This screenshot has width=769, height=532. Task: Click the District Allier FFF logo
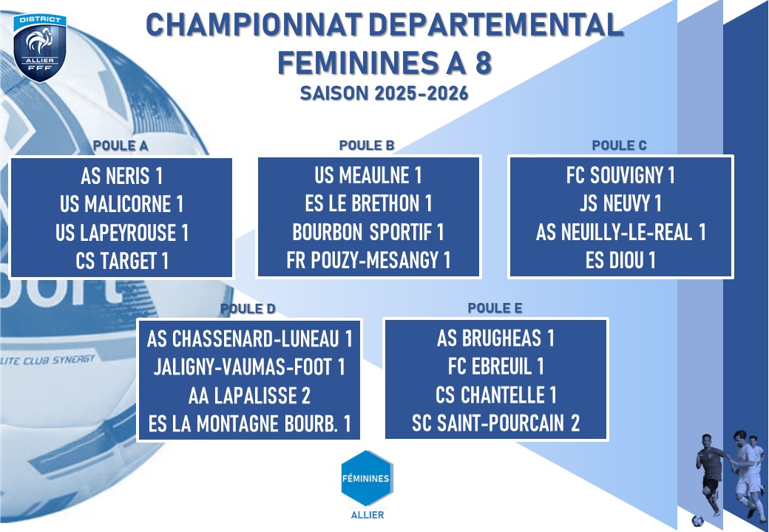coord(40,47)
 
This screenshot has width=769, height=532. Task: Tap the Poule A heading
coord(121,146)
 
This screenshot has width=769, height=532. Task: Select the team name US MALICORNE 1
coord(121,204)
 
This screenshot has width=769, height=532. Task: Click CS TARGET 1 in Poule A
coord(122,261)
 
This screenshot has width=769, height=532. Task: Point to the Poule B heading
coord(367,146)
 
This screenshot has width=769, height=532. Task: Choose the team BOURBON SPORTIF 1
coord(367,232)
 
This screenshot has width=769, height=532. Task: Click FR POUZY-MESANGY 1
coord(368,261)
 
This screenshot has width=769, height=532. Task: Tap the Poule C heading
coord(620,146)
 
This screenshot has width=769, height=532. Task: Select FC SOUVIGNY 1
coord(620,175)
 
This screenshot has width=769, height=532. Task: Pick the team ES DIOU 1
coord(620,261)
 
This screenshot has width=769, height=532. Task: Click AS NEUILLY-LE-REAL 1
coord(620,232)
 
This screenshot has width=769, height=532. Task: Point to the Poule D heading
coord(248,309)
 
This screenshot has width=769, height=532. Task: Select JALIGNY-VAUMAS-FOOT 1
coord(249,367)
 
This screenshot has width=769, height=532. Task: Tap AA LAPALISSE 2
coord(249,396)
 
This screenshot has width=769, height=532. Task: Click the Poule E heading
coord(495,308)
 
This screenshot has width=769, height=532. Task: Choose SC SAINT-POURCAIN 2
coord(496,423)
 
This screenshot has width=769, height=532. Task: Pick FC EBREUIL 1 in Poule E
coord(496,366)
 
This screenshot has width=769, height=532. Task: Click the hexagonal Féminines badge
coord(366,479)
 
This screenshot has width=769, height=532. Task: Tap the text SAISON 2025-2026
coord(384,93)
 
